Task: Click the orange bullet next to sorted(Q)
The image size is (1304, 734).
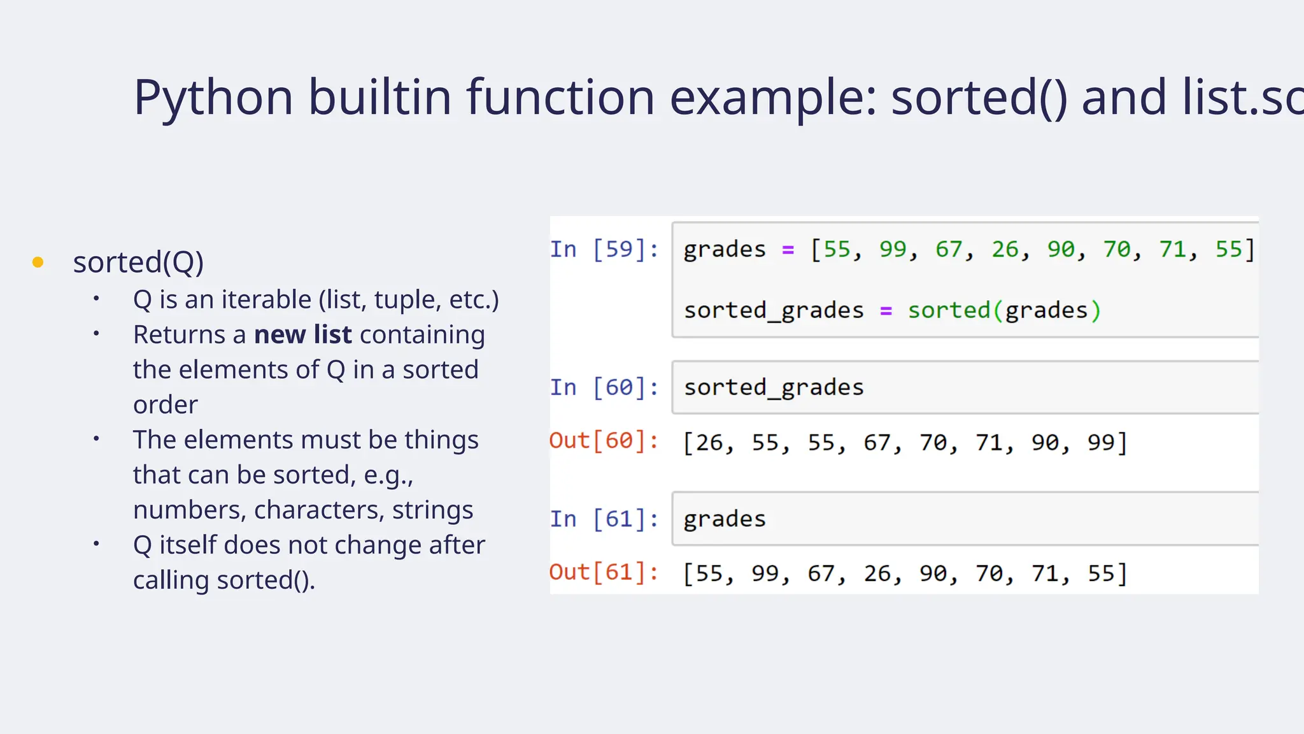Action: pos(38,262)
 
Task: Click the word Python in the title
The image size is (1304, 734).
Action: pos(213,97)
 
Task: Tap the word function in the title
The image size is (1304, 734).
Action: pos(560,97)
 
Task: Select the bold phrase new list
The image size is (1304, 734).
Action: pos(302,335)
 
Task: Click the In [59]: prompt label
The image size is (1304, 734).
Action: pos(604,249)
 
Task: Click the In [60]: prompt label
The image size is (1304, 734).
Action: pos(604,387)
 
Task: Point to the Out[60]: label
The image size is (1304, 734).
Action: pos(604,441)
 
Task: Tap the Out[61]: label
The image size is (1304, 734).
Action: pos(604,572)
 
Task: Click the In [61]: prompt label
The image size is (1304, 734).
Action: pos(604,519)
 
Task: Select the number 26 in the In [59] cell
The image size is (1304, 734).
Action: pos(1005,249)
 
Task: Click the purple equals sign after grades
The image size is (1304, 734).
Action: pos(788,250)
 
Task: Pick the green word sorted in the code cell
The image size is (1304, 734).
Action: pos(949,311)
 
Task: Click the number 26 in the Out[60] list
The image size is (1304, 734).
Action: pos(709,442)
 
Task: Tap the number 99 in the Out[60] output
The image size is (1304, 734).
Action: pos(1101,442)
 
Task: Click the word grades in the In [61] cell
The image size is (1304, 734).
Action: pos(725,519)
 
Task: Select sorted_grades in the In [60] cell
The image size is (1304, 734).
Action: pos(774,387)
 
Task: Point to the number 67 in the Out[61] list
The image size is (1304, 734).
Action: pos(821,573)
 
